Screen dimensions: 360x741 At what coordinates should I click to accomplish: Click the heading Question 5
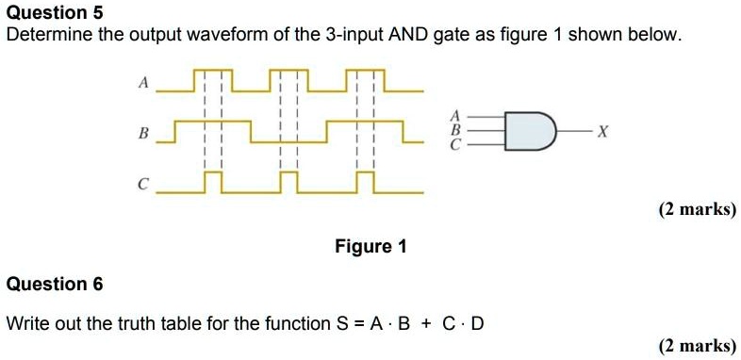point(55,13)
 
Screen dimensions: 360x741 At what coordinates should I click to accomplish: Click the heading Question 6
point(55,285)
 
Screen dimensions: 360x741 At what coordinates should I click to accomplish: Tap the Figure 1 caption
point(370,247)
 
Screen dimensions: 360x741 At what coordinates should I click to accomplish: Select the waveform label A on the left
point(143,84)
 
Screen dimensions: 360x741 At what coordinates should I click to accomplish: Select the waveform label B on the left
point(143,134)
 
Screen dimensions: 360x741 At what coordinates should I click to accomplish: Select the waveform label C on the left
point(143,185)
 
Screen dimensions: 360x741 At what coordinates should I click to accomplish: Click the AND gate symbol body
point(529,130)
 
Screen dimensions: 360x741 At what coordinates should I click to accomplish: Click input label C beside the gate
point(455,145)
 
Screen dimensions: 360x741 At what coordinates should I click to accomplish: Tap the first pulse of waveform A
point(212,80)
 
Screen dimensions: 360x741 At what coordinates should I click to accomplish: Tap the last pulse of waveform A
point(364,80)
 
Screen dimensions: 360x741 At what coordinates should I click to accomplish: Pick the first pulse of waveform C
point(213,182)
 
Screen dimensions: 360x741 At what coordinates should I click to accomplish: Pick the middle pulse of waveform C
point(288,182)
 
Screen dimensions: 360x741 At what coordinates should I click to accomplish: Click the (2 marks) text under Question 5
point(698,209)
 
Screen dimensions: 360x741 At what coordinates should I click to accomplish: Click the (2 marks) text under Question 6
point(698,346)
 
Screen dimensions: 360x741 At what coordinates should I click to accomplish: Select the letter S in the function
point(342,324)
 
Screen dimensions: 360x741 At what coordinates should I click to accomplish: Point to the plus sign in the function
point(427,324)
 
